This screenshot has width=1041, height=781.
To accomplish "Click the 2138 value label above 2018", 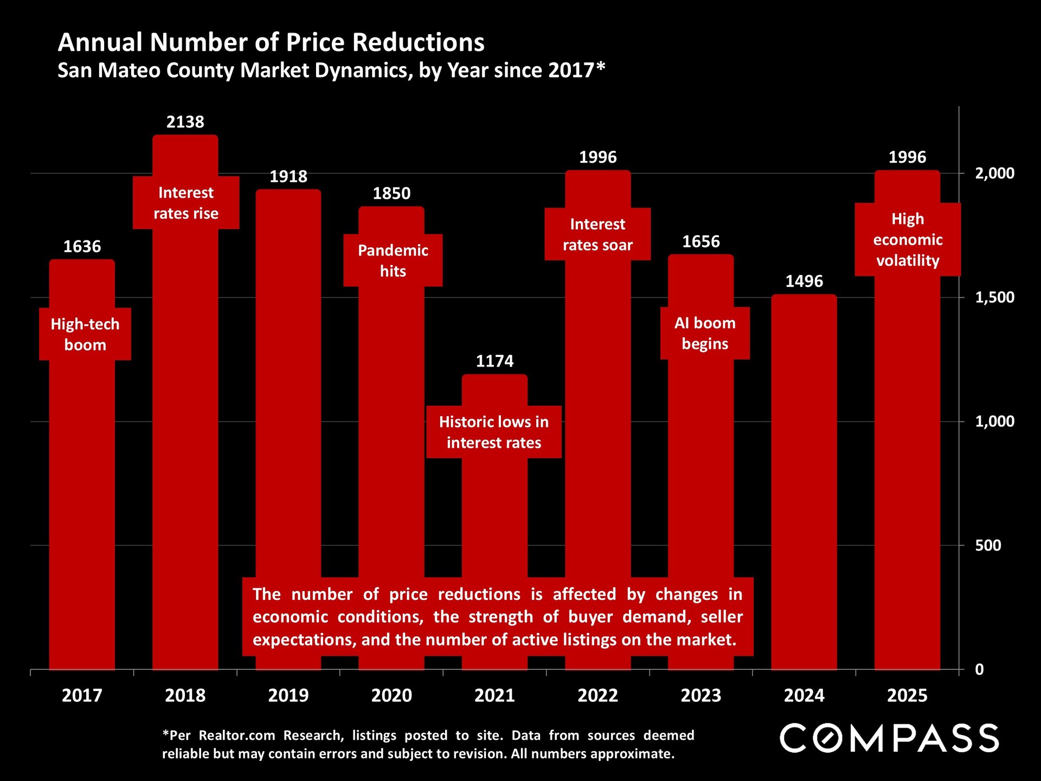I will point(185,122).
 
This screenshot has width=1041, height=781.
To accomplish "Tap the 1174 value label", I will point(494,361).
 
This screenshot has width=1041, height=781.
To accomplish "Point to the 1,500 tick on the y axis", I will point(994,297).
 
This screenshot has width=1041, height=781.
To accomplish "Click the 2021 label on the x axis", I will point(494,695).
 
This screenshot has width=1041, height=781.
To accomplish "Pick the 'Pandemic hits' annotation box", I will point(393,260).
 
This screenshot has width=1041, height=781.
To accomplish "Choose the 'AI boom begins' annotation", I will point(705,333).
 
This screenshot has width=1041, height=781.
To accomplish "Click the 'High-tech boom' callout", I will point(85,334).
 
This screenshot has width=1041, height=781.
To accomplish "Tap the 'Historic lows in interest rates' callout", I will point(493,432).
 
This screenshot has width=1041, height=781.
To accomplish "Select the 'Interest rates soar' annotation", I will point(597,234).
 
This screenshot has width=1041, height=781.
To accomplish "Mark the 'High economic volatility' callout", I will point(908,239).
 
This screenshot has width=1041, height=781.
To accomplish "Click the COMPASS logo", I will point(889,738).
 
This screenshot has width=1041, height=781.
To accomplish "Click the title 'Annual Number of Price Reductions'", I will point(271,42).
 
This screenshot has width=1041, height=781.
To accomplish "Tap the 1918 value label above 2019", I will point(288,177).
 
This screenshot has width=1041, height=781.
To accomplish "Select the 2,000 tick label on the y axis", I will point(994,174).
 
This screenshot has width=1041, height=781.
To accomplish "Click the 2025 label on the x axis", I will point(907,695).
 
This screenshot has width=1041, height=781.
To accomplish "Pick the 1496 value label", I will point(804,281).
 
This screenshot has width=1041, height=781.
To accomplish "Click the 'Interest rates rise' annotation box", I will point(186,203).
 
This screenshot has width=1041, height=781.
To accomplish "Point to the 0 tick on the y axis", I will point(979,669).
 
